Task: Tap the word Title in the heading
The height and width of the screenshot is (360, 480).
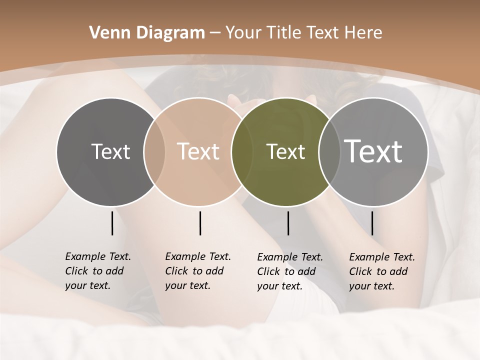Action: [282, 33]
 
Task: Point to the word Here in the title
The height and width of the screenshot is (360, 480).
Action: [363, 33]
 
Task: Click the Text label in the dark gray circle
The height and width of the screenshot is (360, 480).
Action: [110, 151]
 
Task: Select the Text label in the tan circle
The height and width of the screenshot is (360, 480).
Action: [198, 151]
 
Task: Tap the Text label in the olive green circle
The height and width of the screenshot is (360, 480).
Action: [285, 151]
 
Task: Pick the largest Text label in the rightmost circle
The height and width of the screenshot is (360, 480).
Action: [373, 151]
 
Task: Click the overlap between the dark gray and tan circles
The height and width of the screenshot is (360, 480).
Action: [154, 151]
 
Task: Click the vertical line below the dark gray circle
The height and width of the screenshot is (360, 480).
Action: [112, 223]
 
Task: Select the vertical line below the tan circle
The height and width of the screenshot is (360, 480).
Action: [200, 223]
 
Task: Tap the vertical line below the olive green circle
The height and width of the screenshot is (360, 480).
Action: [288, 223]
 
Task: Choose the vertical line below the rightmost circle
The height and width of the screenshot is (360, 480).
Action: [372, 223]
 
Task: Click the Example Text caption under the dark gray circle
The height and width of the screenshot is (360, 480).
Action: [98, 271]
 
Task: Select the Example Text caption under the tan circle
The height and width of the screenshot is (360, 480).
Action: [198, 271]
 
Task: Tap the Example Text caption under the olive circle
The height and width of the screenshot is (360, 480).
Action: [290, 271]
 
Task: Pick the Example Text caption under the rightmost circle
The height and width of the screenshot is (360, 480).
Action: [382, 271]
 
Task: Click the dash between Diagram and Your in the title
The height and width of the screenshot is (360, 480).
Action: [215, 33]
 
